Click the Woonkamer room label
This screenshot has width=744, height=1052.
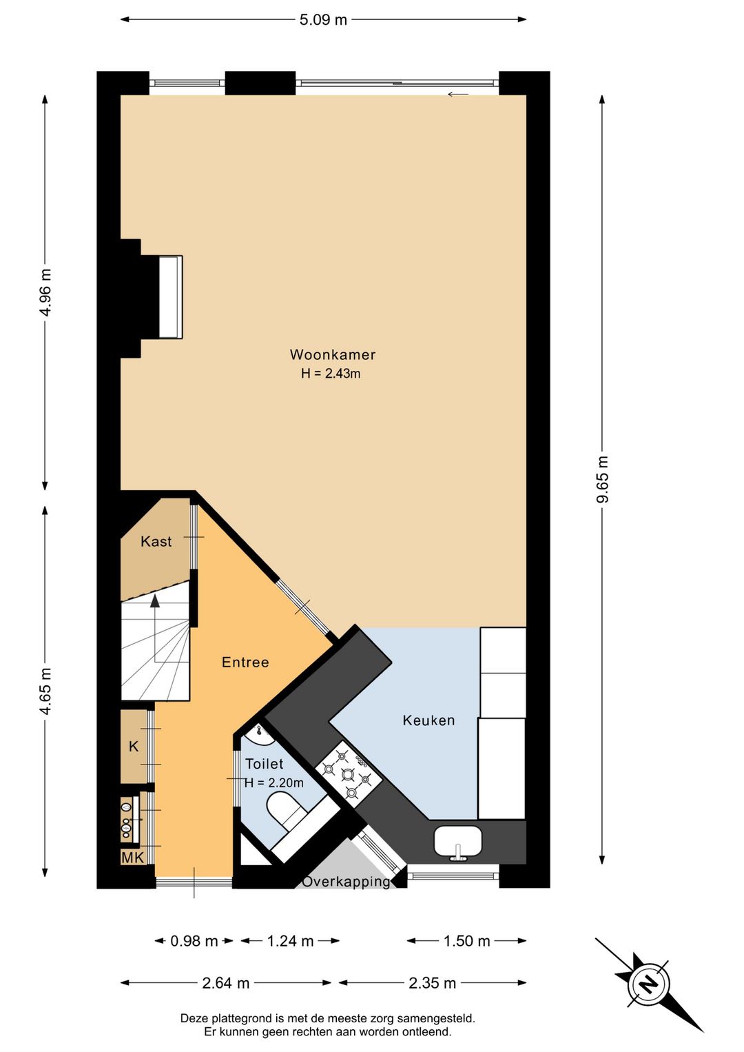332,354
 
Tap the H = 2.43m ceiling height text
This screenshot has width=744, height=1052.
331,374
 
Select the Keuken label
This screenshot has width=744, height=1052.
428,720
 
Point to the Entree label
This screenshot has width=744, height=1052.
245,662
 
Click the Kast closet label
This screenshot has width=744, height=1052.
156,541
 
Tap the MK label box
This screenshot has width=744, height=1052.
133,858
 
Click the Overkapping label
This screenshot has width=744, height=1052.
346,882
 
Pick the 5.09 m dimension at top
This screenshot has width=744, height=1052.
323,20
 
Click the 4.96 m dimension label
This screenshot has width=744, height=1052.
45,292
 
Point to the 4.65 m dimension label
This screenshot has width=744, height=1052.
45,691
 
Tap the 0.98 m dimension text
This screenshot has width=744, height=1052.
194,941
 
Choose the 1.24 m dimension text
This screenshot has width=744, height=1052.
290,941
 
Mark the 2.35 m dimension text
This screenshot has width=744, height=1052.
432,984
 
